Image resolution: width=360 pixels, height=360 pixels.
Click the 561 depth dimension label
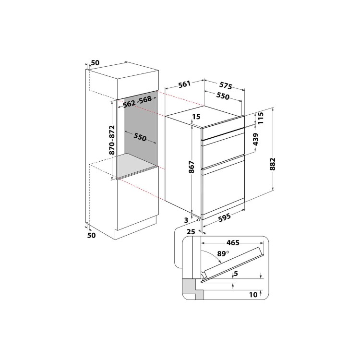point(185,84)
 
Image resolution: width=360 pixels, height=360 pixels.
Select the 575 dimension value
point(226,85)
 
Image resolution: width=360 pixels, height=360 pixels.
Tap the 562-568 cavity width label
point(137,102)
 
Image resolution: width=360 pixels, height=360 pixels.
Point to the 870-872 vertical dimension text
point(112,140)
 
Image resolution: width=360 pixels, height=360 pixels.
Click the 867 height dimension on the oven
point(192,167)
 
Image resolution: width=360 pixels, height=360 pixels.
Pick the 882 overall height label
point(273,164)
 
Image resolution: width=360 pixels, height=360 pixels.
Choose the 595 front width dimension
point(224,217)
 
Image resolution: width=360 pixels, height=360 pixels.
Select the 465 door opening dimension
point(233,242)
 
